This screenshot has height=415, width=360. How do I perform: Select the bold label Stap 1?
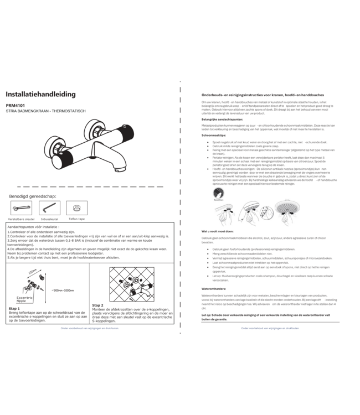pos(15,309)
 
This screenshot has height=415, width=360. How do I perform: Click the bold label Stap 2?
pos(98,305)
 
